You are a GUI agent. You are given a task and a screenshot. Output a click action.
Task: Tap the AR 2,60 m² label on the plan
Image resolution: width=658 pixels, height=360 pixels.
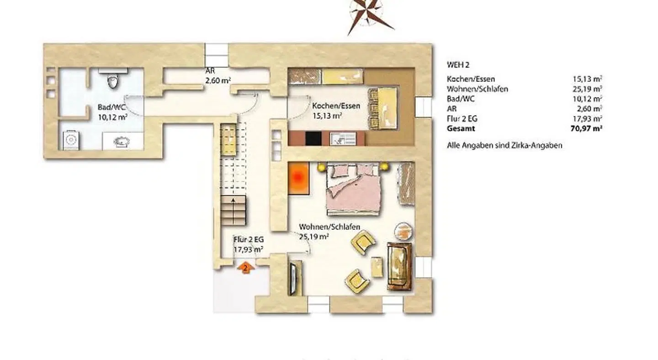[x=218, y=76]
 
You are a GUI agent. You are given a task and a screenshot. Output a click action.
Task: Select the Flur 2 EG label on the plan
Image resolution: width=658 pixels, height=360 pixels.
[x=249, y=244]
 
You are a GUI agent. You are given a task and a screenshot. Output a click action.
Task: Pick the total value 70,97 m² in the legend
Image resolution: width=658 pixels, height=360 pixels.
[x=587, y=129]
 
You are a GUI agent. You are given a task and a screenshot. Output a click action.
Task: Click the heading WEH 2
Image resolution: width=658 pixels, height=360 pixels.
[x=458, y=65]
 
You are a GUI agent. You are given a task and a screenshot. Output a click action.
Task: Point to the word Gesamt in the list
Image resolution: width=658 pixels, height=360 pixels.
[x=461, y=129]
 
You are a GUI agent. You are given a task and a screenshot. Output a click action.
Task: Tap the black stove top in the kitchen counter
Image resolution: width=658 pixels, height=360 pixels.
[x=313, y=138]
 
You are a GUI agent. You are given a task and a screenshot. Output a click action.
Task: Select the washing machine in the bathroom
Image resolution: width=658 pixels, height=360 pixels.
[x=71, y=140]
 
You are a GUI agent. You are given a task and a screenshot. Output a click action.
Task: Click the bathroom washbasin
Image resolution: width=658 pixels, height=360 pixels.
[x=122, y=142]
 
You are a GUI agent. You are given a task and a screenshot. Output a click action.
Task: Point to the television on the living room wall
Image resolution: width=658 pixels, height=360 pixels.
[x=293, y=279]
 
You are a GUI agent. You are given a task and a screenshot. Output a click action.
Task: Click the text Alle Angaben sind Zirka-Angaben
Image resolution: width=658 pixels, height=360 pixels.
[x=504, y=145]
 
